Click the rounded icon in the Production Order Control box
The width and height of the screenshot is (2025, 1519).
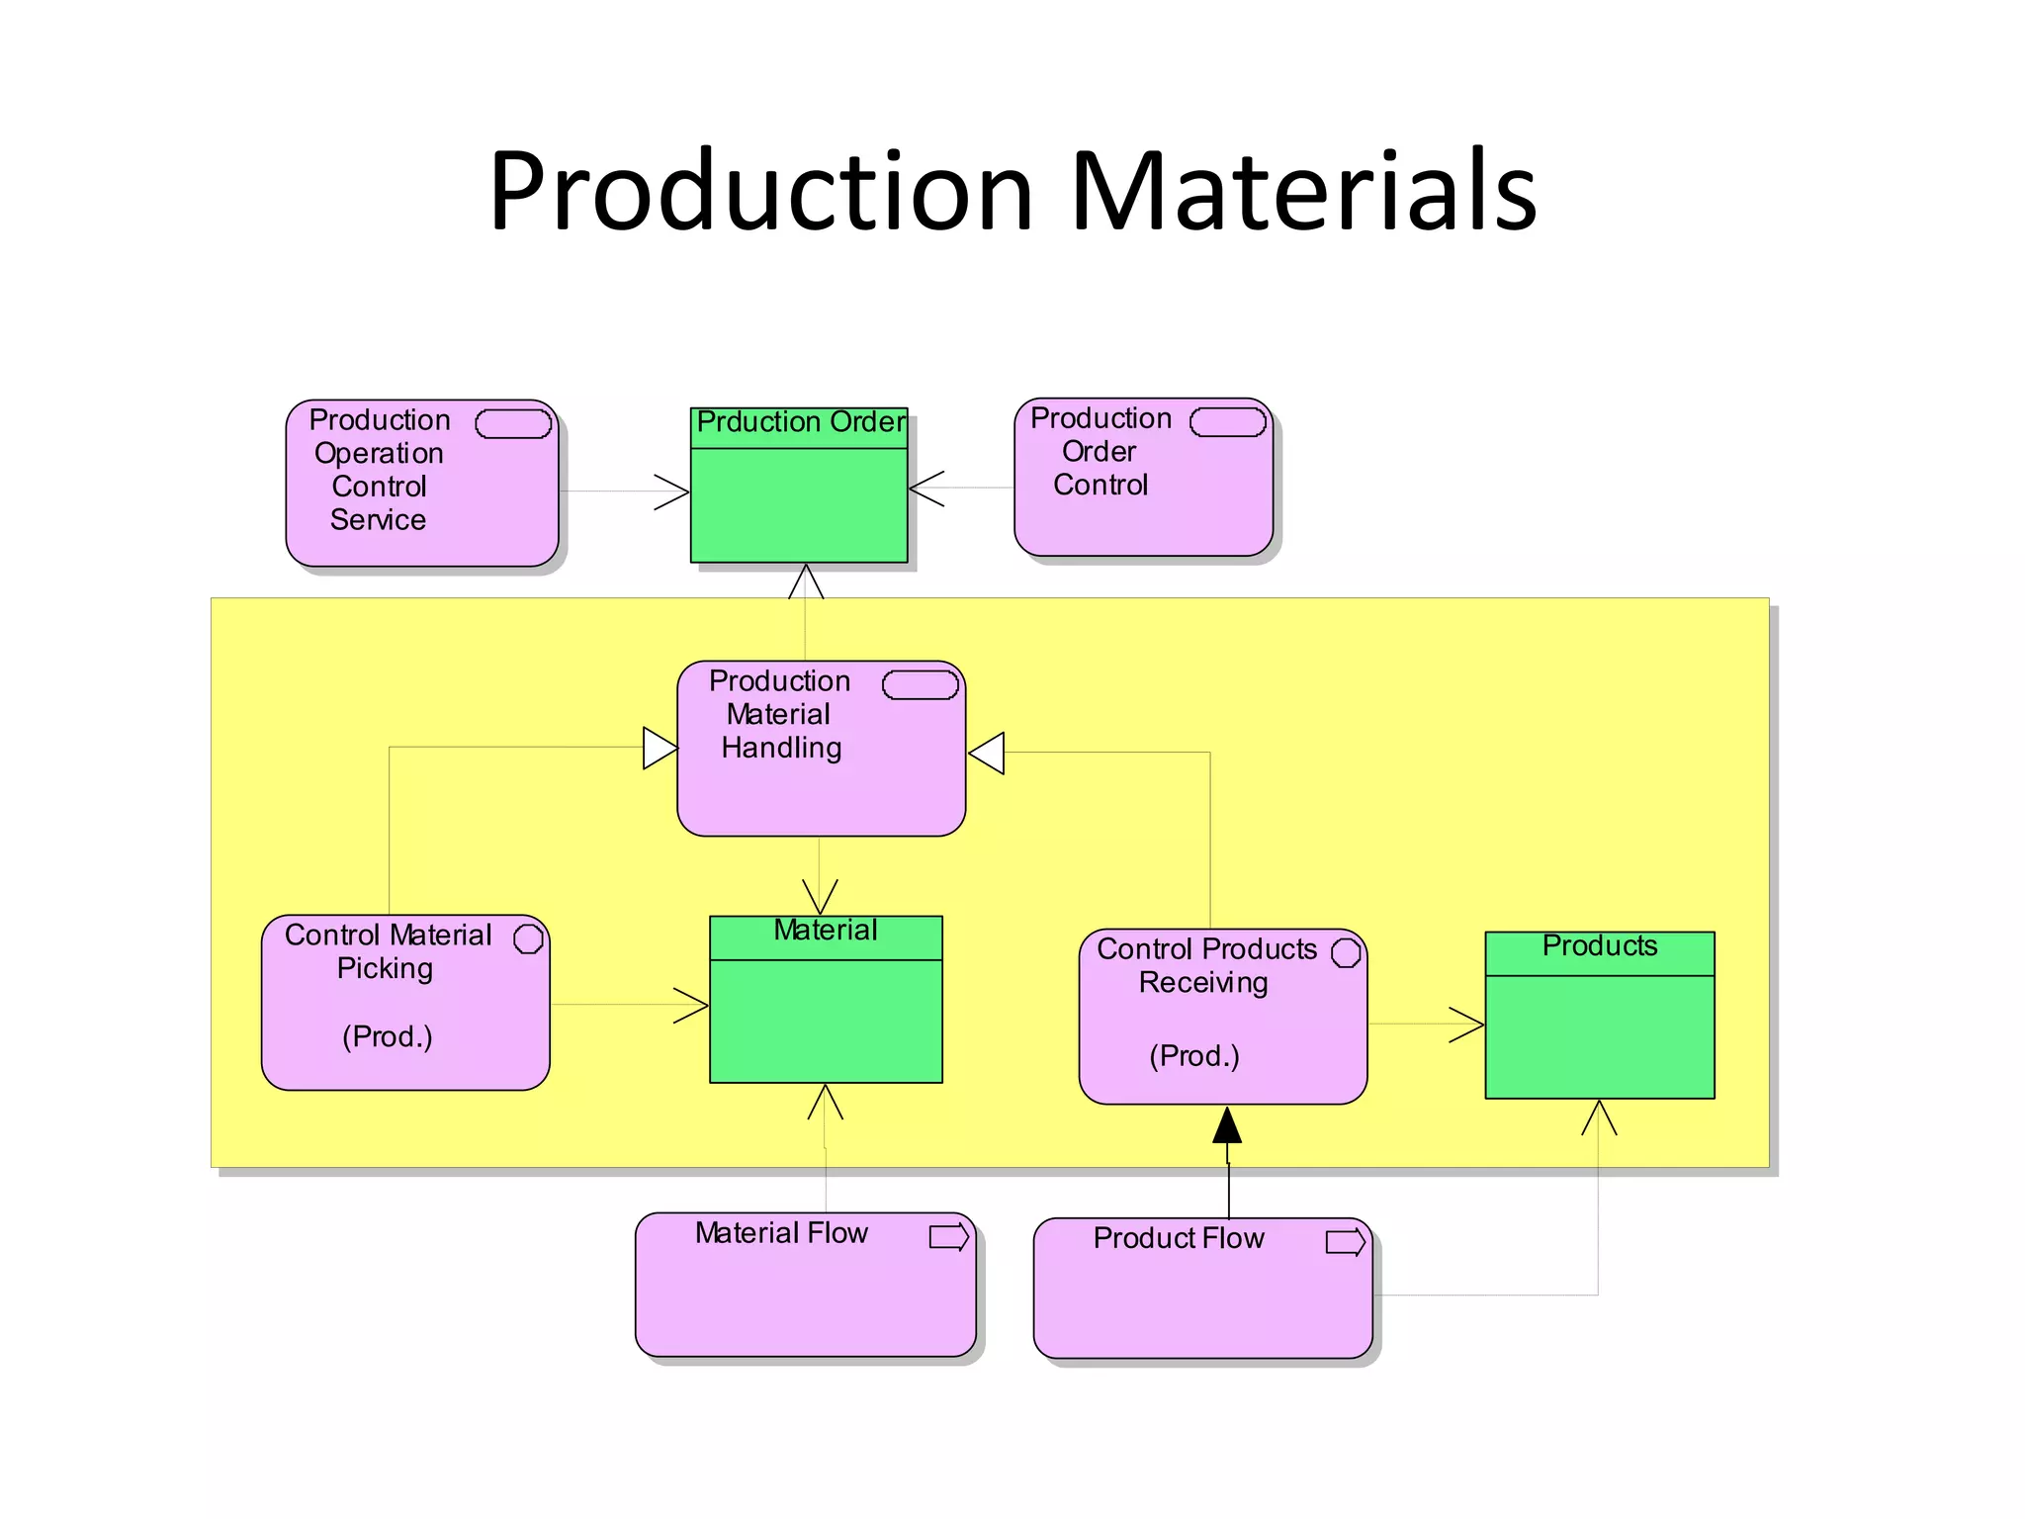coord(1227,422)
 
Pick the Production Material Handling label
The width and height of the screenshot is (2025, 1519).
coord(780,714)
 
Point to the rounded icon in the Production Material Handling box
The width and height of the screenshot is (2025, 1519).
coord(920,684)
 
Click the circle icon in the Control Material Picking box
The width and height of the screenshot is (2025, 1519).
coord(528,938)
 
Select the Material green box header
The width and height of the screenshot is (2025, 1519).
coord(826,936)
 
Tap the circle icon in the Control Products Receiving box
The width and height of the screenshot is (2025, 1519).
coord(1345,952)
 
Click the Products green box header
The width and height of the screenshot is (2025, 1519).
coord(1599,951)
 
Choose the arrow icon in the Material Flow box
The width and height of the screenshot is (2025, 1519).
coord(948,1236)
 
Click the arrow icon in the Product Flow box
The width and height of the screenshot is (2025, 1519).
coord(1345,1241)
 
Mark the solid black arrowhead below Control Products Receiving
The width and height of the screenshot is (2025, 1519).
coord(1227,1125)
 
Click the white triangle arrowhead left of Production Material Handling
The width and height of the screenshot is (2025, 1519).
coord(659,748)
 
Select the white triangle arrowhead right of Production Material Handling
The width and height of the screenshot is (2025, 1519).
coord(988,753)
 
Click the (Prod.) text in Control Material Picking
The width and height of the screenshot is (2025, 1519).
coord(387,1036)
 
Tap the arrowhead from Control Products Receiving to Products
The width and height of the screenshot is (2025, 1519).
coord(1467,1025)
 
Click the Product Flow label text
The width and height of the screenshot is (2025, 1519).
coord(1178,1238)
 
